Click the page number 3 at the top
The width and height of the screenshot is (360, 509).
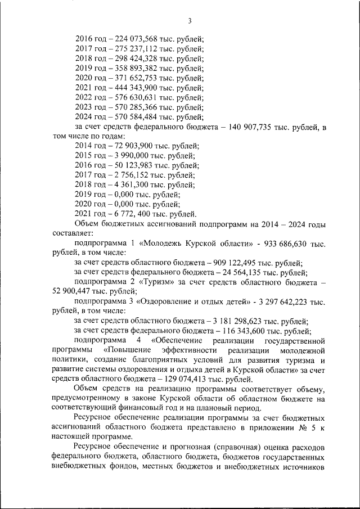point(190,21)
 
